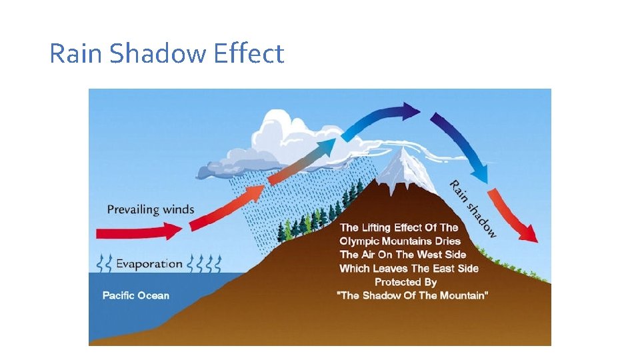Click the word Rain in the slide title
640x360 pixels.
[x=77, y=54]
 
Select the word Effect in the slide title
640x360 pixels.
[x=249, y=54]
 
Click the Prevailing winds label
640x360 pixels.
[x=151, y=209]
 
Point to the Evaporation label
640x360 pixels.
[x=149, y=263]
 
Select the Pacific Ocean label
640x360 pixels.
[x=135, y=295]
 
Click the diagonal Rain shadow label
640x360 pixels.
[x=473, y=208]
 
